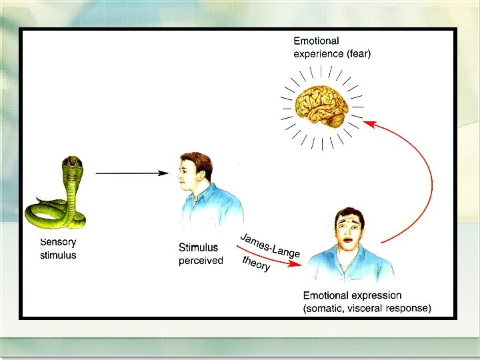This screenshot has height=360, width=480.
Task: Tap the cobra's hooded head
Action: click(71, 164)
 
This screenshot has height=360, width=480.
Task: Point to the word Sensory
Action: click(58, 243)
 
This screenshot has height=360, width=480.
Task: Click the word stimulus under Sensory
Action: click(58, 255)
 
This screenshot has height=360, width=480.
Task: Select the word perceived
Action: click(201, 261)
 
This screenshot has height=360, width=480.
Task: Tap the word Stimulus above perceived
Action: click(199, 248)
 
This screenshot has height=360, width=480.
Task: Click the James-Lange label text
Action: click(270, 245)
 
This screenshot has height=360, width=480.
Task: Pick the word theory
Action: click(257, 263)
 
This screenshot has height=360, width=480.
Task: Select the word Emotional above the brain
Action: click(316, 41)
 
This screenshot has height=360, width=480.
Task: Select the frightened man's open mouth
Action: click(349, 243)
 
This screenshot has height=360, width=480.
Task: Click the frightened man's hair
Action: click(349, 215)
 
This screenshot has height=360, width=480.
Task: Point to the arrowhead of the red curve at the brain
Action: click(369, 123)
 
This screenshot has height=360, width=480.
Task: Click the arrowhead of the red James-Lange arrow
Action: click(298, 264)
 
